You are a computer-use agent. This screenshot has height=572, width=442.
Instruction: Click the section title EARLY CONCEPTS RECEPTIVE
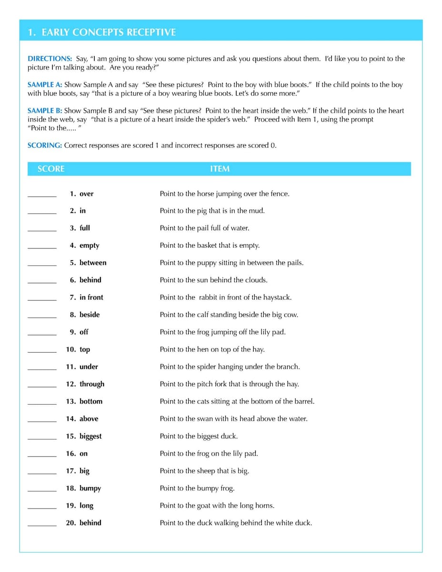coord(101,32)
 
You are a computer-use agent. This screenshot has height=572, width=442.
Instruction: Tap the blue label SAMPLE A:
coord(45,85)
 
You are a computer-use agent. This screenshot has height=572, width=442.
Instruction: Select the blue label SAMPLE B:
coord(45,111)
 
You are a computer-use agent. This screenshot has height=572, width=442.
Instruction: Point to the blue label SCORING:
coord(45,145)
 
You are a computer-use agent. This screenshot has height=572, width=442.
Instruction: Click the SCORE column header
coord(51,169)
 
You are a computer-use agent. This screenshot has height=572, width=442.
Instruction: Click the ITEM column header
coord(220,169)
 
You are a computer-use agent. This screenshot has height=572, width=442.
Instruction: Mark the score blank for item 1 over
coord(42,194)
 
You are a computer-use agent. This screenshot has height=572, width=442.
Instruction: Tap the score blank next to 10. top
coord(42,350)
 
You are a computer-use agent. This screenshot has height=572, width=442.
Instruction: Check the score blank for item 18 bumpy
coord(42,489)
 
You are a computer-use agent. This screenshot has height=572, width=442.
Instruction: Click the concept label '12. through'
coord(85,384)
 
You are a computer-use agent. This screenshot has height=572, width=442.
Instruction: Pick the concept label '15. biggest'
coord(84,436)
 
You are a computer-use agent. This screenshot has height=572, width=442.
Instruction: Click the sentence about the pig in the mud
coord(212,211)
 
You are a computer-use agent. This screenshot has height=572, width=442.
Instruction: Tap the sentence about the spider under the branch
coord(230,367)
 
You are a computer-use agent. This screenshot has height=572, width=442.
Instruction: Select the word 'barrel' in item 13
coord(302,401)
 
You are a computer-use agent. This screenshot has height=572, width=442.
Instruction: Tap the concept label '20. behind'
coord(83,523)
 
